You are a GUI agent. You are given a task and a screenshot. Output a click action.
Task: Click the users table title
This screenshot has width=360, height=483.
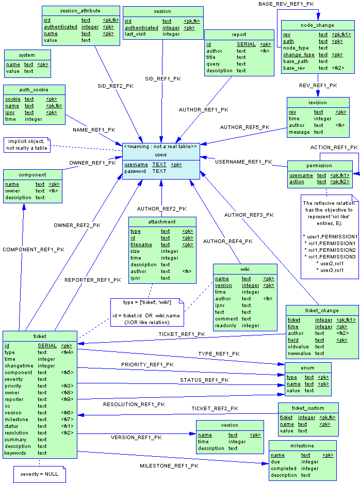coord(161,155)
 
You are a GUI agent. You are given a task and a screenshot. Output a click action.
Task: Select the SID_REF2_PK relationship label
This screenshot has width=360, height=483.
coord(116,86)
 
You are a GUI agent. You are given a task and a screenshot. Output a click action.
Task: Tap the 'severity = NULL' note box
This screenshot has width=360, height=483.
coord(39,474)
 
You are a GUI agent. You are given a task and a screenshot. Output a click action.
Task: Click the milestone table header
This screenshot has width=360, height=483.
coord(302,446)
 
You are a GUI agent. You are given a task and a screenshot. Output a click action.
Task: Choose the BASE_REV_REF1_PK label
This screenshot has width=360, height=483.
coord(286,4)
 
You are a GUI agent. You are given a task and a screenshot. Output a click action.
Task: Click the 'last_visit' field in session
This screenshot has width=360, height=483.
coord(135,34)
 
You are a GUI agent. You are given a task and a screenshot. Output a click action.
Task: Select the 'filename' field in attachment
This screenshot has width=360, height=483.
coord(141,245)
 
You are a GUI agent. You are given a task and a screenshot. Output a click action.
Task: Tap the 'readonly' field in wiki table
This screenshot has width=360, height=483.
coord(226,326)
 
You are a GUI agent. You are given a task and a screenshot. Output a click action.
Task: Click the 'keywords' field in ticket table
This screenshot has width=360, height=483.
coord(15,453)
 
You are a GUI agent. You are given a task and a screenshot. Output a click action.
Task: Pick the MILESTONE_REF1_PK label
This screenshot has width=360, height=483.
coord(169,466)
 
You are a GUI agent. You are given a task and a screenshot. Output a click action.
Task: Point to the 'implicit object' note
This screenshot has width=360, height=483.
coord(27,145)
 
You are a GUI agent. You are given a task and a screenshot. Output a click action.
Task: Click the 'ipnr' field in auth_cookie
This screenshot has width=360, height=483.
coord(10,112)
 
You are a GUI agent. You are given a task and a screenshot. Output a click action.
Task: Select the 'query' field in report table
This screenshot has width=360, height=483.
coord(213,64)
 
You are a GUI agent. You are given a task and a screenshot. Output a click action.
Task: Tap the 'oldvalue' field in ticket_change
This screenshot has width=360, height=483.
coord(299,347)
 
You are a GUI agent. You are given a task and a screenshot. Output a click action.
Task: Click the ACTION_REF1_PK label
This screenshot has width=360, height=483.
coord(334,148)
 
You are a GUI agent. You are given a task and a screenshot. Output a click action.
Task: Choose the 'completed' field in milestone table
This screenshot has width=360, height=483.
coord(284,469)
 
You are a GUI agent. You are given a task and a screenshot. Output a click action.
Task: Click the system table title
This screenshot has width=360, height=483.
coord(27,55)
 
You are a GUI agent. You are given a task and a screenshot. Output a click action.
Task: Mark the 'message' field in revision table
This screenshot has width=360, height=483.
coord(299,132)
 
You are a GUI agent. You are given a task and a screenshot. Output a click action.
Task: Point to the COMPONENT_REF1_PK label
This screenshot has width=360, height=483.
coord(34,250)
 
